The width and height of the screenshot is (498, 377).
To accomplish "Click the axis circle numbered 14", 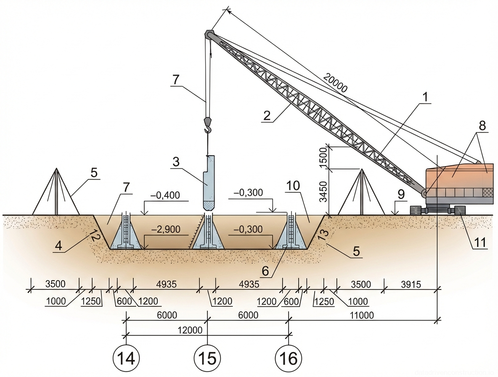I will [127, 359].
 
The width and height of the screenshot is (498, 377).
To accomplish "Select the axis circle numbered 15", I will [207, 359].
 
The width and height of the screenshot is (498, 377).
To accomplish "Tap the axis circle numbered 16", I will [289, 359].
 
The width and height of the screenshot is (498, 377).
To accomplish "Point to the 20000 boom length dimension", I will [336, 82].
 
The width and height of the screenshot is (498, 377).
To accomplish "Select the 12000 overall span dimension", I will [190, 330].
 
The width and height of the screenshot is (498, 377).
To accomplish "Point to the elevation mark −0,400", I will [167, 195].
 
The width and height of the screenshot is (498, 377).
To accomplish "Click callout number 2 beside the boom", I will [265, 116].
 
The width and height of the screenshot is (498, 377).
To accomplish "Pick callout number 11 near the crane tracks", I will [481, 242].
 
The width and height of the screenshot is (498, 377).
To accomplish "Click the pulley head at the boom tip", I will [209, 34].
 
